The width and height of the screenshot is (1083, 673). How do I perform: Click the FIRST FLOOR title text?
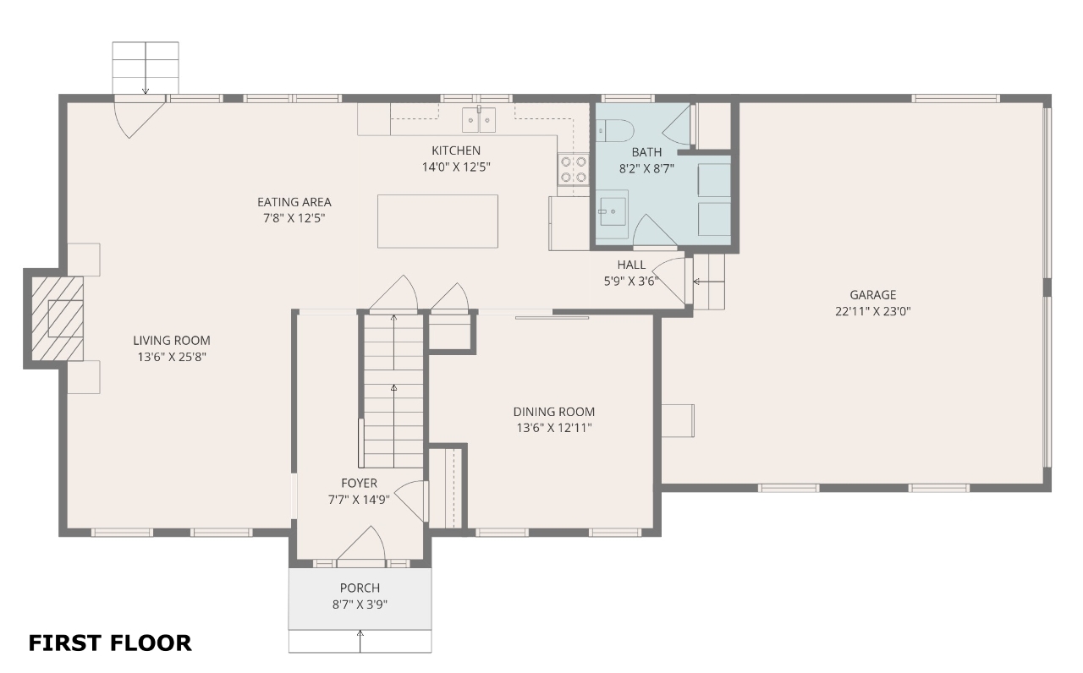pos(110,643)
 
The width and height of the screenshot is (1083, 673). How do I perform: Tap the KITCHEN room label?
pos(456,150)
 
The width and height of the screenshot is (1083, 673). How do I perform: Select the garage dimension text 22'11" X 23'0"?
pos(872,311)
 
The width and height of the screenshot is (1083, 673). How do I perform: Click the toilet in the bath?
pos(614,130)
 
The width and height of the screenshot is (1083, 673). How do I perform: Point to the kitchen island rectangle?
pos(437,222)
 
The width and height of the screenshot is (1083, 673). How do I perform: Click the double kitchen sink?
pos(479,120)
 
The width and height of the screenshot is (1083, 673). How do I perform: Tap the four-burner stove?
pos(574,169)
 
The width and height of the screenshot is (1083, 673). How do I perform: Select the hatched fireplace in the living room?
pos(58,319)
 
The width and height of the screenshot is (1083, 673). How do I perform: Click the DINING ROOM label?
pos(554,412)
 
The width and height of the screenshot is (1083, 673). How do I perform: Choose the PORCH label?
pos(360,588)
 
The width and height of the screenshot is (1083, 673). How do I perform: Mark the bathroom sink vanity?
pos(612,214)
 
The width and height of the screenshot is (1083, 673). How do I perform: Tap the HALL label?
pos(631,265)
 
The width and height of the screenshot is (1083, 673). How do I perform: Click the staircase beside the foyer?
pos(393,391)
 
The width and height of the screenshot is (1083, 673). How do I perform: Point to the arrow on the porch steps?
pos(360,641)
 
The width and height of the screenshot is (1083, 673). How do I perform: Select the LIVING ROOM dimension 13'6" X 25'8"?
pos(172,357)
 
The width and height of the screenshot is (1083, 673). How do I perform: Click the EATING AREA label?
pos(294,202)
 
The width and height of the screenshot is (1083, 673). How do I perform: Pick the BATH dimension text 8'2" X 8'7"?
pos(646,168)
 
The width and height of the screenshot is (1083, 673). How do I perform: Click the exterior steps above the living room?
pos(146,68)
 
